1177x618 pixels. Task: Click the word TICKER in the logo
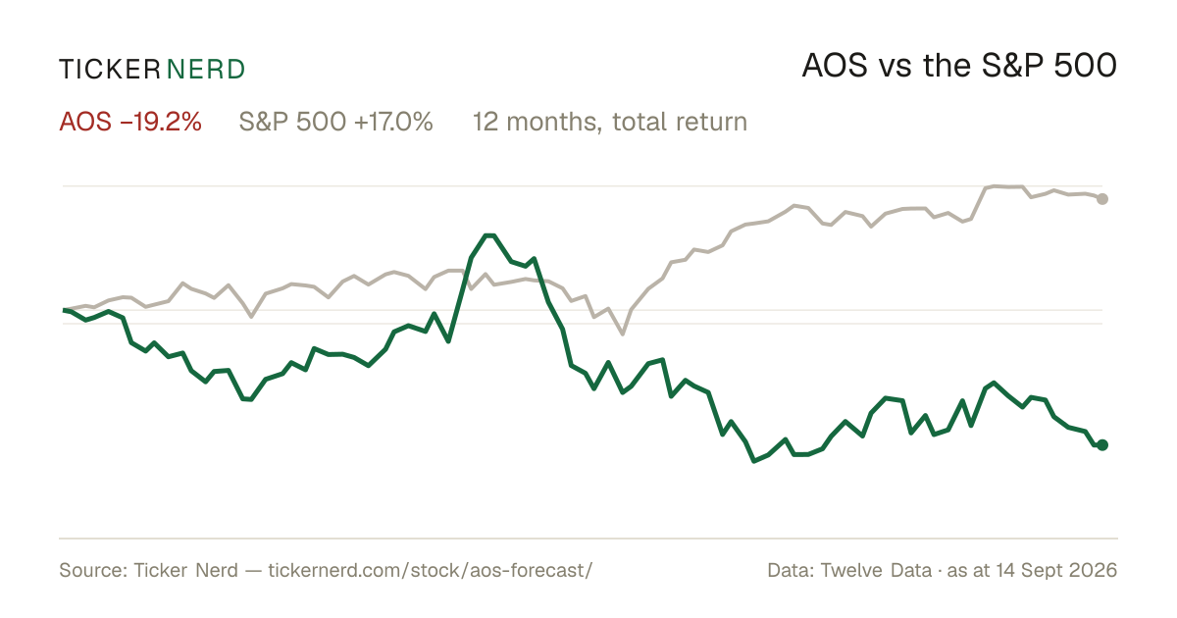(x=109, y=70)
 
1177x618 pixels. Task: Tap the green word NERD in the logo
(x=205, y=70)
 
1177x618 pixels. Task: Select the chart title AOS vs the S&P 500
(x=959, y=67)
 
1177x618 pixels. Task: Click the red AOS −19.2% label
(x=130, y=122)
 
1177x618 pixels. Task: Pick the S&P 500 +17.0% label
(x=335, y=122)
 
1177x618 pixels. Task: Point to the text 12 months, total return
(x=609, y=123)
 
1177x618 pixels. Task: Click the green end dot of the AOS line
(x=1102, y=445)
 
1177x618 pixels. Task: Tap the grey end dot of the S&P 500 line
(x=1102, y=198)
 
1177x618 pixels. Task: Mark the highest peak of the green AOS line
(x=489, y=235)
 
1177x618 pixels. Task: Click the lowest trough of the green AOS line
(x=754, y=461)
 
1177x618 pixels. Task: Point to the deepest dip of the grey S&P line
(x=623, y=334)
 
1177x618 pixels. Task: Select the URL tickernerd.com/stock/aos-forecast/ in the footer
(x=431, y=570)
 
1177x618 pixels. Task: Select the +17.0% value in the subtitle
(x=393, y=122)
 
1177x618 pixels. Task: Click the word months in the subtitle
(x=551, y=123)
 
